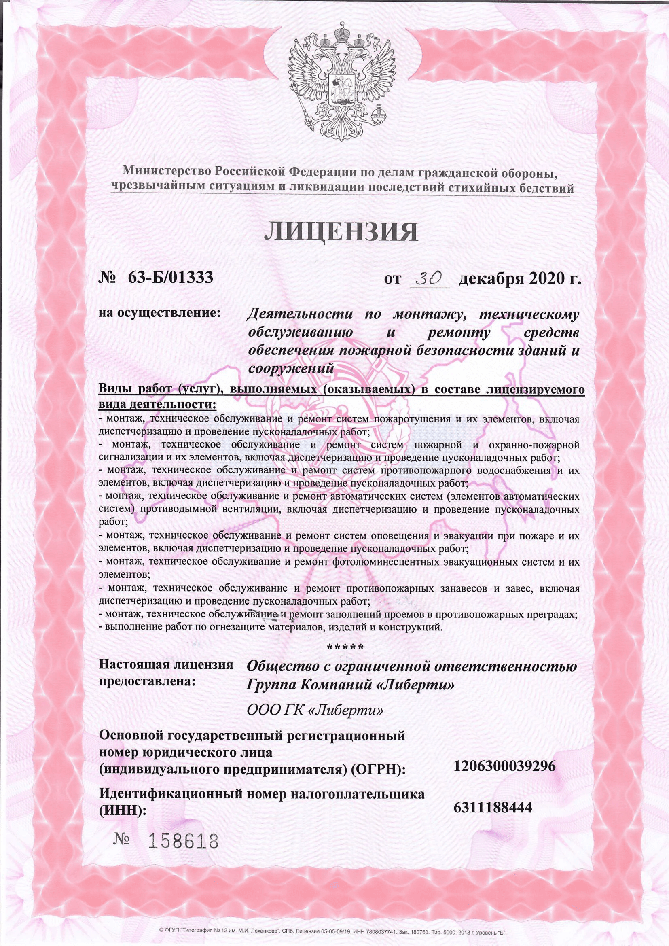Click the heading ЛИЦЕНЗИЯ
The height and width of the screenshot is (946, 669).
click(340, 233)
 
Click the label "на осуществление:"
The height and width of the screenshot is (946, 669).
click(159, 313)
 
